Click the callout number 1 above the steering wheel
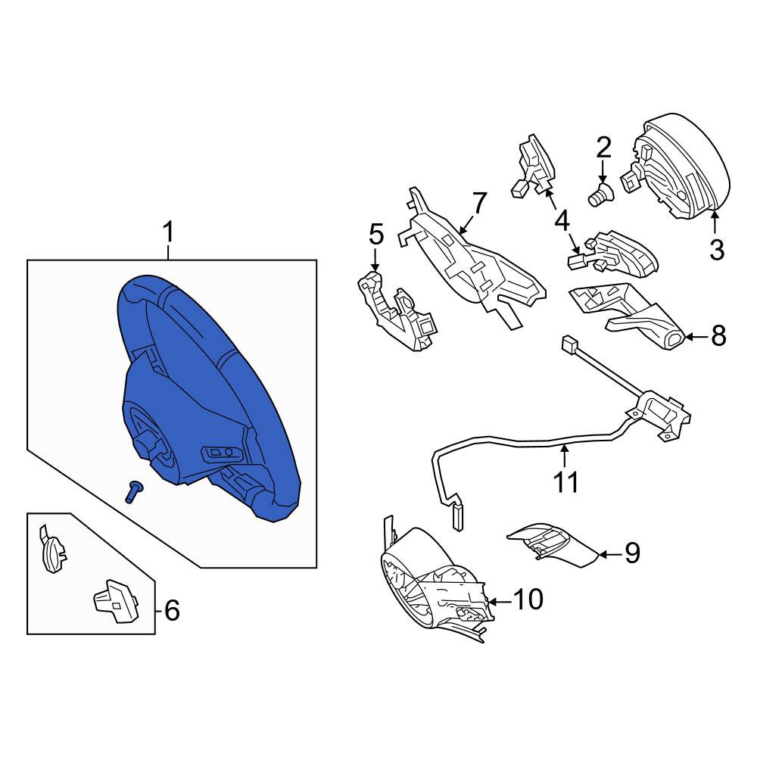point(167,232)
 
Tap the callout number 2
point(603,148)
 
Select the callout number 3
point(716,250)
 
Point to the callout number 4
point(562,222)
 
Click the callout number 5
point(376,235)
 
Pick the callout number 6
point(172,610)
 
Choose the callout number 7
point(479,203)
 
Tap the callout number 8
point(718,335)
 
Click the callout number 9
point(632,553)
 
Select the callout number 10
point(528,600)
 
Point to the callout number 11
point(565,481)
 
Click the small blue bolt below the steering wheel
point(132,492)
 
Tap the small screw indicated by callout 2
point(600,195)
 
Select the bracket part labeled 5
point(397,311)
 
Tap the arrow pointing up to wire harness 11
point(564,456)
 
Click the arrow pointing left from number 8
point(696,337)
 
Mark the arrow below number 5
point(375,260)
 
